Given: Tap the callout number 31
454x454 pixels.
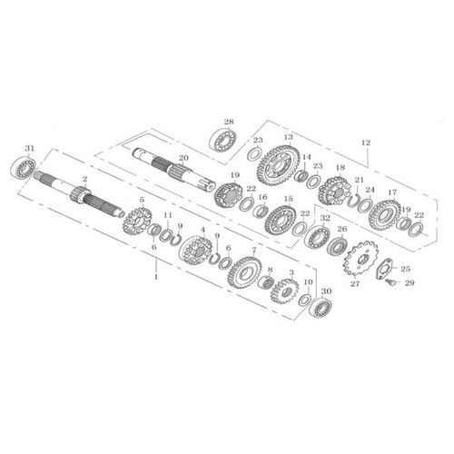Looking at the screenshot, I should pos(29,147).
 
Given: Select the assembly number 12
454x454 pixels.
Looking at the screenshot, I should pos(366,143).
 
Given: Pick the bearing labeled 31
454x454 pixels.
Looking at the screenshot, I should pos(22,167).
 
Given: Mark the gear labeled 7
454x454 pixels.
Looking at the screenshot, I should pos(242,270).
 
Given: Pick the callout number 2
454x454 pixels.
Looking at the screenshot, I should pos(84,179).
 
